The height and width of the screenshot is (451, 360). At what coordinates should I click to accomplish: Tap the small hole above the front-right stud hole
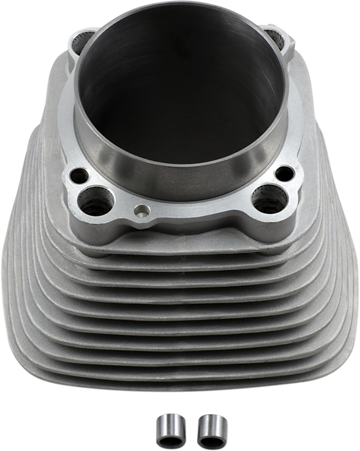click(282, 175)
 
